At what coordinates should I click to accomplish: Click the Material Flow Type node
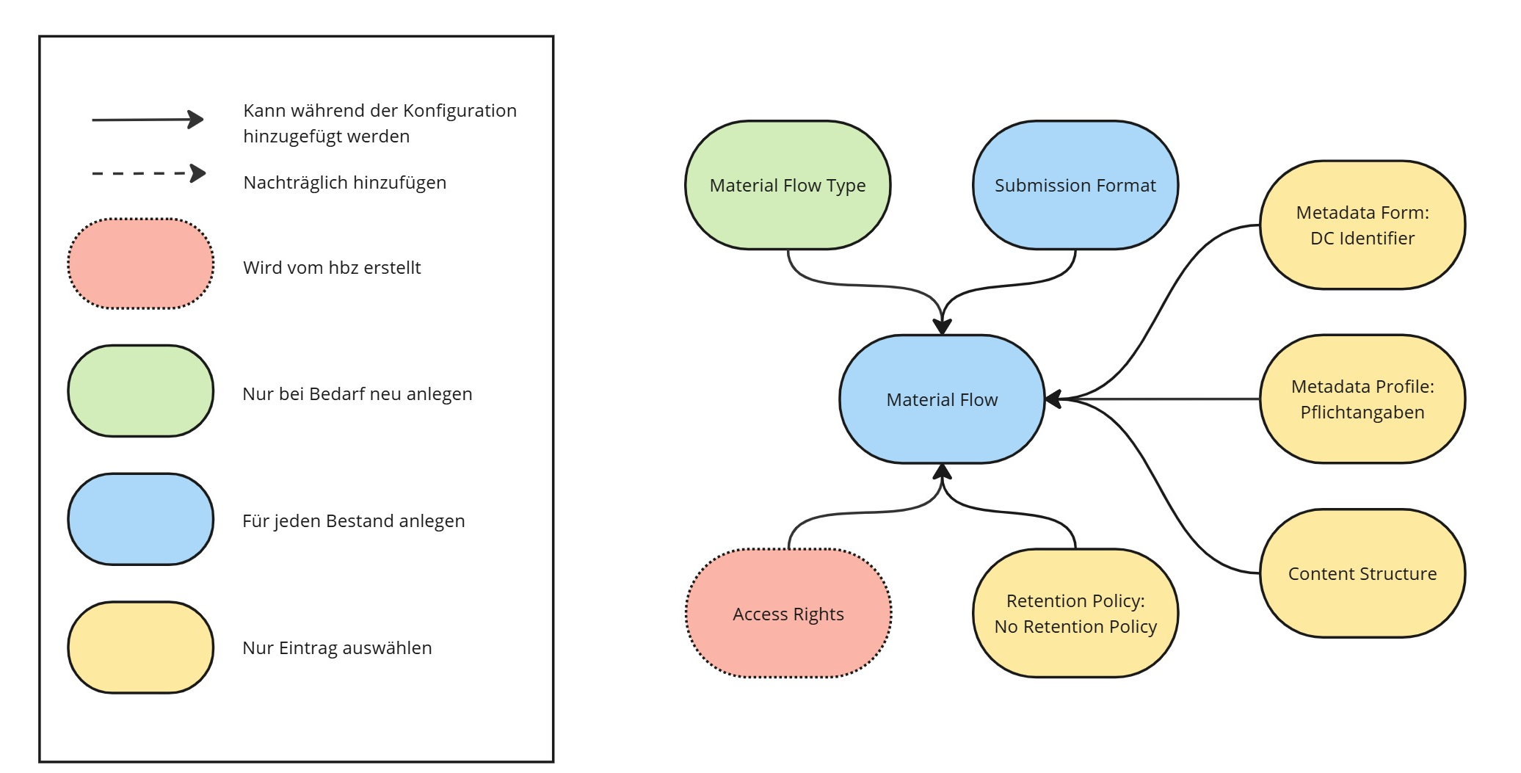coord(788,185)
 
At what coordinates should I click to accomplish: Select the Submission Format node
coord(1075,185)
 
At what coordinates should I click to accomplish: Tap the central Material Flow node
coord(942,399)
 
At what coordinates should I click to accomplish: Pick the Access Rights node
coord(788,614)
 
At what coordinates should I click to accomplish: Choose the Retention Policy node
coord(1075,613)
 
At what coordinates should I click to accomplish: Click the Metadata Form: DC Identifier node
coord(1362,225)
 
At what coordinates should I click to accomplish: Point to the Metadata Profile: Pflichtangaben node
coord(1362,399)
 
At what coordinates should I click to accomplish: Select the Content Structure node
coord(1362,573)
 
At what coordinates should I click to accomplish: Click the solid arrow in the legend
coord(147,119)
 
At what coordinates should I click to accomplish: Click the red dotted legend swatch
coord(141,264)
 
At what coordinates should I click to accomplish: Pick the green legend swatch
coord(141,391)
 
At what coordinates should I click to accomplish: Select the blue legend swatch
coord(141,519)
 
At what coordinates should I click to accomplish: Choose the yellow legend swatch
coord(141,647)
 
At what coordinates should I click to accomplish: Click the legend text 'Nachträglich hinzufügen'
coord(344,182)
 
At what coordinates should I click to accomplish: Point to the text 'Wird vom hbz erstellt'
coord(332,267)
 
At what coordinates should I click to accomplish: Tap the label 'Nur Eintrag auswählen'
coord(337,647)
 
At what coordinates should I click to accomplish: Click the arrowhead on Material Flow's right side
coord(1053,399)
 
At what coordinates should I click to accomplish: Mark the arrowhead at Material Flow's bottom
coord(942,471)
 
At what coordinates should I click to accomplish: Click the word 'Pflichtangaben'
coord(1362,412)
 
